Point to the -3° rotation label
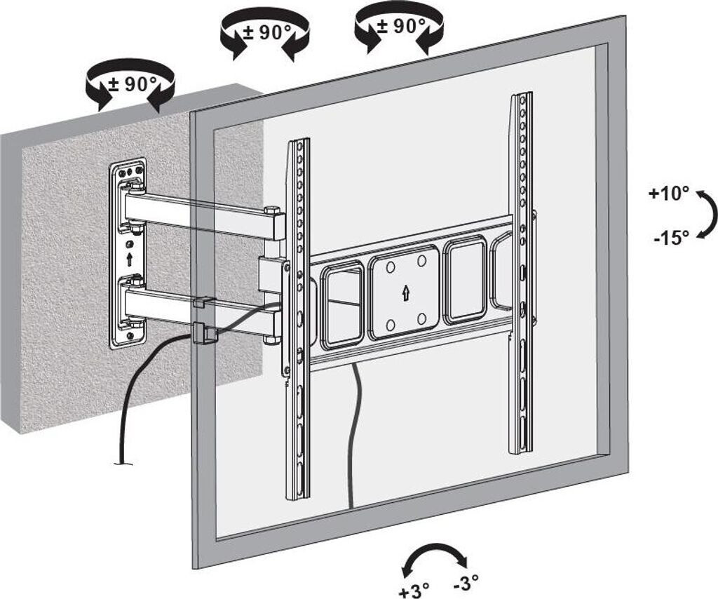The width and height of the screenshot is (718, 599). (466, 582)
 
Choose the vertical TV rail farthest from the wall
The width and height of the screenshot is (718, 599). (521, 274)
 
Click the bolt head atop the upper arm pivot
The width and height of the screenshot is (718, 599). (271, 208)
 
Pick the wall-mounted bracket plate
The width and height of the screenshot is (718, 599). (128, 253)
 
